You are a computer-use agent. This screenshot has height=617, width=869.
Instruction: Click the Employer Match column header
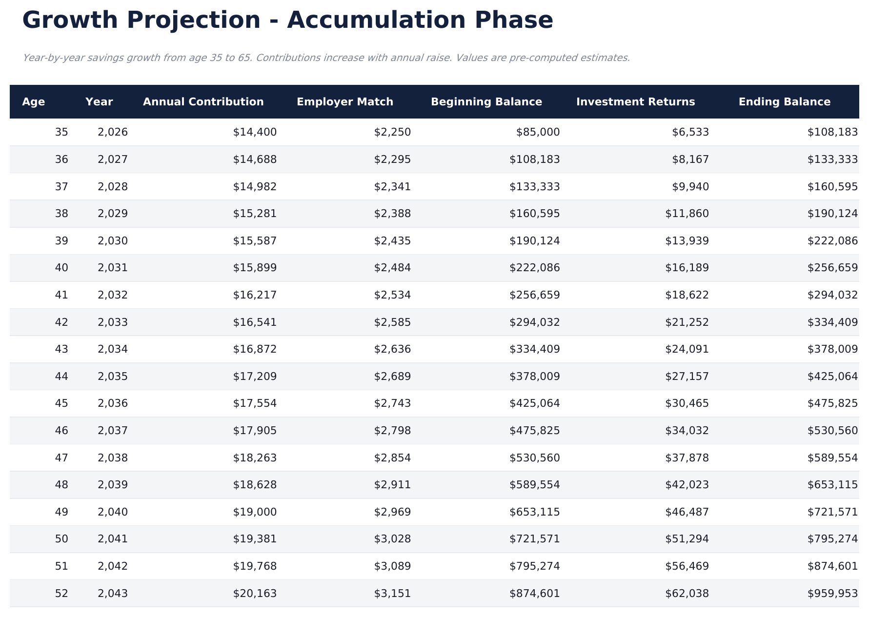[344, 102]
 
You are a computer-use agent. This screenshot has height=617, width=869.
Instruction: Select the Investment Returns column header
[635, 102]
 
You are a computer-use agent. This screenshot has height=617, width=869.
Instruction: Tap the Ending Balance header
[784, 102]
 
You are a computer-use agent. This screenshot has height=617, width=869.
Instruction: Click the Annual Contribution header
[203, 102]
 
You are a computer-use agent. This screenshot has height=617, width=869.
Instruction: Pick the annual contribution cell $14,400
[255, 132]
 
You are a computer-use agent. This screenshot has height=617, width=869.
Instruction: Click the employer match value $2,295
[392, 159]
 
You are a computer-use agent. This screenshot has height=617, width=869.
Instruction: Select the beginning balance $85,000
[538, 132]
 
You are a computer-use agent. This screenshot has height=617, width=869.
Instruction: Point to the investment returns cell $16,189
[687, 268]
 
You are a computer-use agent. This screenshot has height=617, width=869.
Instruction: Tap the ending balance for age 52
[832, 594]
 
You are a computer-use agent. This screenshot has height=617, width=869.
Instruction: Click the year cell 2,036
[113, 403]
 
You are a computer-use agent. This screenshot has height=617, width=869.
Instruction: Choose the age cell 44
[61, 377]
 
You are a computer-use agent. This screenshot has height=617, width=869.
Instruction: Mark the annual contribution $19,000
[255, 512]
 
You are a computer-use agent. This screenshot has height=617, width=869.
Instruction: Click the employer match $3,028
[392, 539]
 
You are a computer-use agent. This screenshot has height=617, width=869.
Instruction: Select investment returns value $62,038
[687, 594]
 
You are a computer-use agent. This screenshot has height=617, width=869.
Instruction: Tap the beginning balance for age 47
[534, 458]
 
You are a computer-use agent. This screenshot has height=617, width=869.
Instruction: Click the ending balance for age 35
[832, 132]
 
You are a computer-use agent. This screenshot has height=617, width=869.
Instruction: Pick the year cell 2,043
[113, 594]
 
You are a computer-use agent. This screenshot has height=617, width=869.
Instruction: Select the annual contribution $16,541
[255, 322]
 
